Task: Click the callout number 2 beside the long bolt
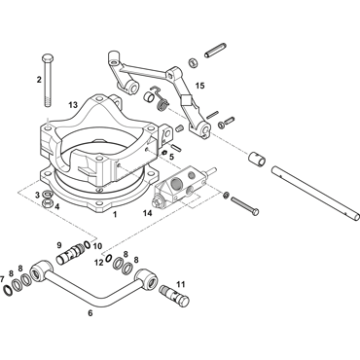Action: point(39,80)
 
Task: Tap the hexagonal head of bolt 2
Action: point(48,57)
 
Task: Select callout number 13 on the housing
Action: point(73,105)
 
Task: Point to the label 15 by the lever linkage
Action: point(200,86)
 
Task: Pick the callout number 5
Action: point(171,157)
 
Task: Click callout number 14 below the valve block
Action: point(147,213)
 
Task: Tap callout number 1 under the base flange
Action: point(115,214)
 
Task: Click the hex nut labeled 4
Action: point(49,203)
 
